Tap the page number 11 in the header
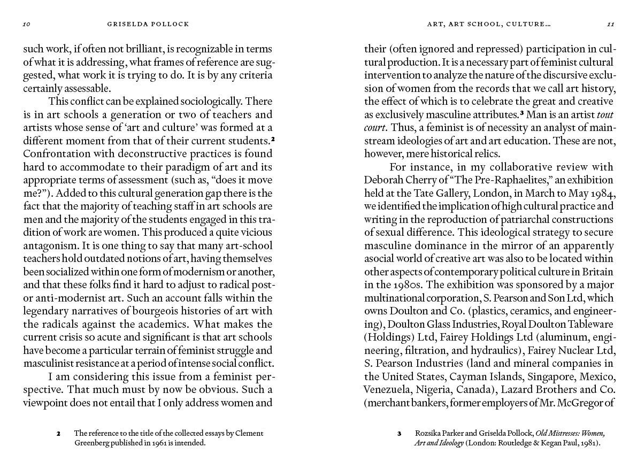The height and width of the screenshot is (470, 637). (610, 24)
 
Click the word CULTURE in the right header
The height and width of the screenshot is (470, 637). (527, 24)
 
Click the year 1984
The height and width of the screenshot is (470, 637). (603, 193)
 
